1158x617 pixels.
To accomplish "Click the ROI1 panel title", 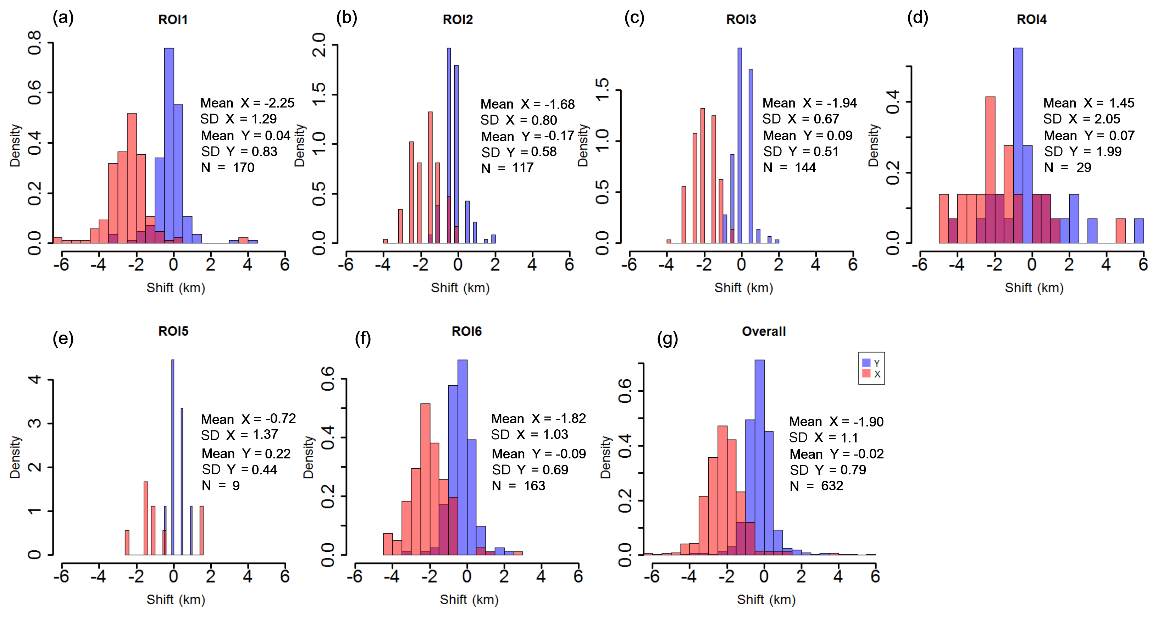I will (173, 20).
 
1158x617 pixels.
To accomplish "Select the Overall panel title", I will (763, 331).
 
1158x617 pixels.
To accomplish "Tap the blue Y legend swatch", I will (866, 363).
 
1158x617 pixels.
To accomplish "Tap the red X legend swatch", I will (866, 374).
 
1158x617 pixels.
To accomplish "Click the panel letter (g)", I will (667, 338).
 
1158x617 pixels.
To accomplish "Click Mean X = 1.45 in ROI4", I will (1088, 103).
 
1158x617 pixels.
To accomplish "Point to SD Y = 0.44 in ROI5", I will (239, 469).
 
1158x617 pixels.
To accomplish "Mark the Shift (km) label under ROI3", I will (743, 288).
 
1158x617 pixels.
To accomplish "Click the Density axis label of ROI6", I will (308, 457).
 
